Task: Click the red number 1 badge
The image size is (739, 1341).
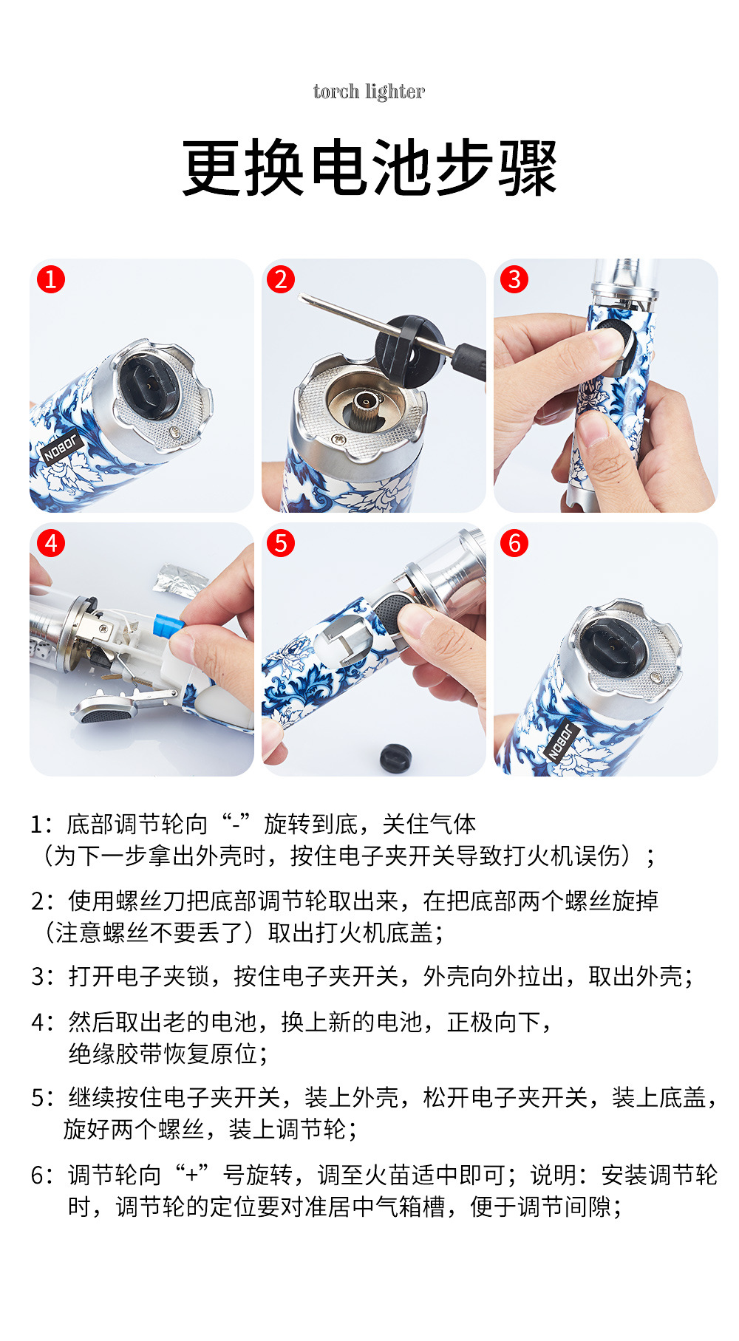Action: click(x=50, y=279)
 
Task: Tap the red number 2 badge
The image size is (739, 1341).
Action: click(x=281, y=279)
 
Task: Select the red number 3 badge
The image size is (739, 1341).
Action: click(x=514, y=279)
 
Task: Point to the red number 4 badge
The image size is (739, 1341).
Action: click(x=50, y=543)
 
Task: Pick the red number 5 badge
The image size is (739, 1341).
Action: click(x=281, y=543)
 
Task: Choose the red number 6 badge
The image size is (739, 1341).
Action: click(x=514, y=543)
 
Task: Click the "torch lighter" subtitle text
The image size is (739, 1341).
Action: click(x=369, y=92)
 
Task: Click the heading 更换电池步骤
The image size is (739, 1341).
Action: click(x=369, y=168)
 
